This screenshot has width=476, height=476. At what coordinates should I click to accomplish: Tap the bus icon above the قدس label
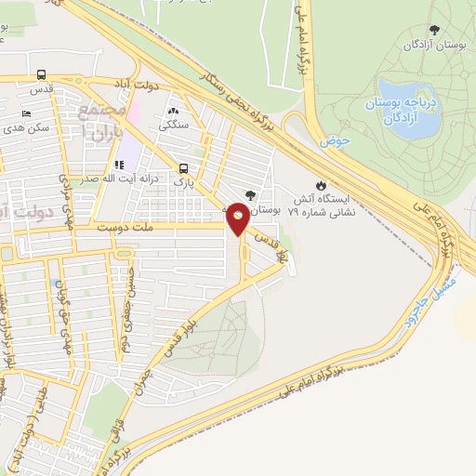pos(41,75)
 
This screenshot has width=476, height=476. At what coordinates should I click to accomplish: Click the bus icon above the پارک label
pos(183,168)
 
